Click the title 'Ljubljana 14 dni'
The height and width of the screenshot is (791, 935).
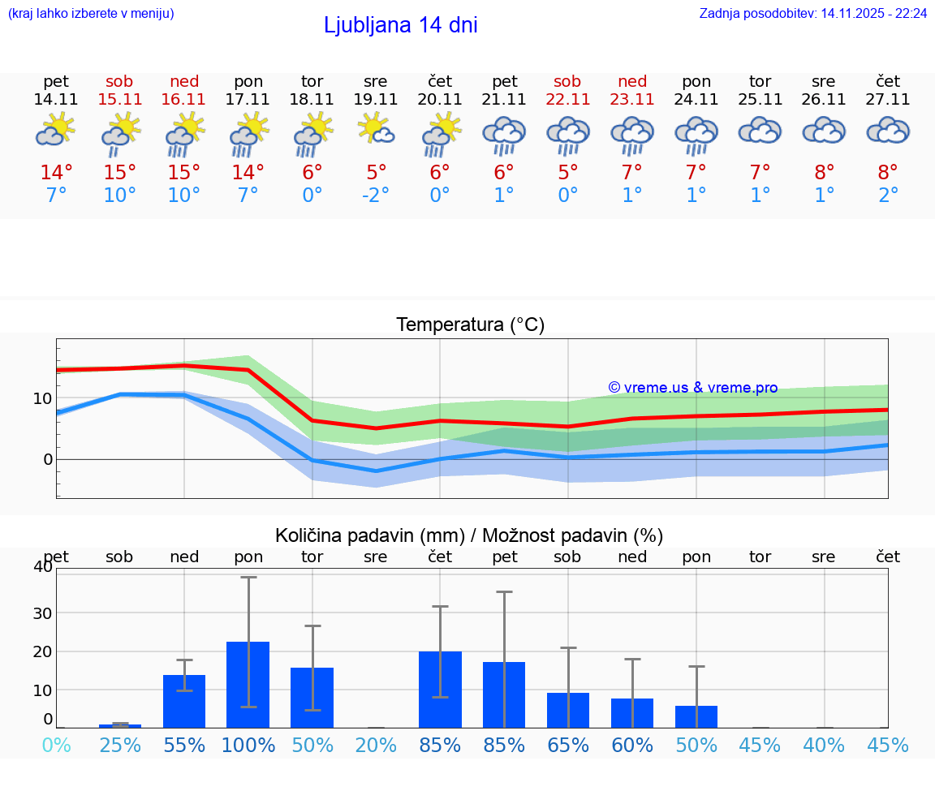click(400, 25)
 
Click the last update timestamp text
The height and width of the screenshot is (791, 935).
click(812, 13)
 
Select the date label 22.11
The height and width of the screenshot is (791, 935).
click(567, 99)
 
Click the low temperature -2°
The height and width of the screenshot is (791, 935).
click(376, 195)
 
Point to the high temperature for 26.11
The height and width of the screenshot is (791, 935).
click(824, 173)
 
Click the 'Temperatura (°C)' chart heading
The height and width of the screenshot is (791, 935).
click(470, 325)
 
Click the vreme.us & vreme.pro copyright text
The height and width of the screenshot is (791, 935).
click(692, 388)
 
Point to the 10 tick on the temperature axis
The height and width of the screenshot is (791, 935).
click(43, 398)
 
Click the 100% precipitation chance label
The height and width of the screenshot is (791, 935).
click(248, 745)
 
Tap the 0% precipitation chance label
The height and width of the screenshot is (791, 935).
click(56, 745)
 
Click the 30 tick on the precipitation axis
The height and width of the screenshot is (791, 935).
click(42, 613)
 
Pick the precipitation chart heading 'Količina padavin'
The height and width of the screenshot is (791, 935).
click(469, 535)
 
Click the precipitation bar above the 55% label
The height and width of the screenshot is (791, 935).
click(184, 701)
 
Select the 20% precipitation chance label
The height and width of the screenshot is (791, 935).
click(376, 745)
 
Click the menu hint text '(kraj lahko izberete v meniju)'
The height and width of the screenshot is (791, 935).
click(91, 13)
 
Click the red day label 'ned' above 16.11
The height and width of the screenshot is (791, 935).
click(184, 81)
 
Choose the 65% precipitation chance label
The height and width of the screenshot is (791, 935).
click(567, 745)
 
